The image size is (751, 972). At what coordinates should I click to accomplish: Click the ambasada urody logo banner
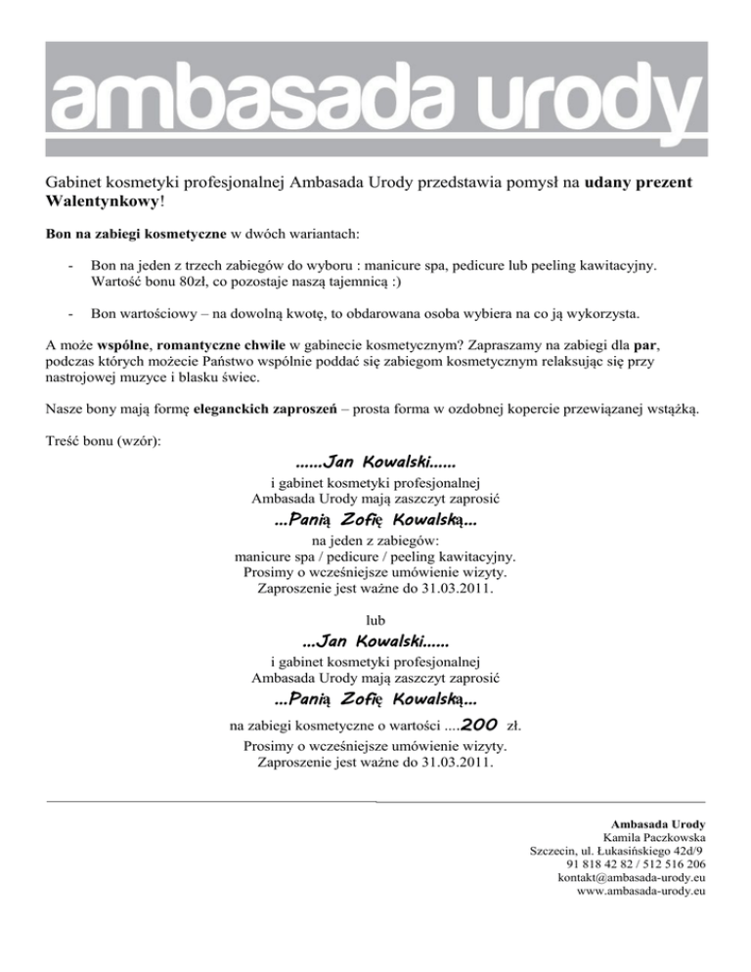[x=375, y=98]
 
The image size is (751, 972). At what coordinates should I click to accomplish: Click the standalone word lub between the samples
[x=375, y=619]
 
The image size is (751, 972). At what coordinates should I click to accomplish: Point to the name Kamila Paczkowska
[x=655, y=838]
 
